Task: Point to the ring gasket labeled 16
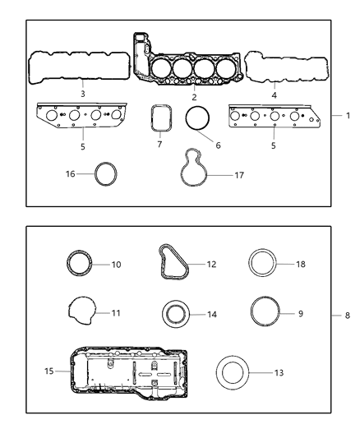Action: pos(107,173)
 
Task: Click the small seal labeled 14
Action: pos(174,315)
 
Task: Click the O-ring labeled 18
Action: pos(265,265)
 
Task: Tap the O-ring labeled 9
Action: pos(265,313)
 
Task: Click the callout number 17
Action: pos(239,175)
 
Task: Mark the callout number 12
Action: pos(212,265)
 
